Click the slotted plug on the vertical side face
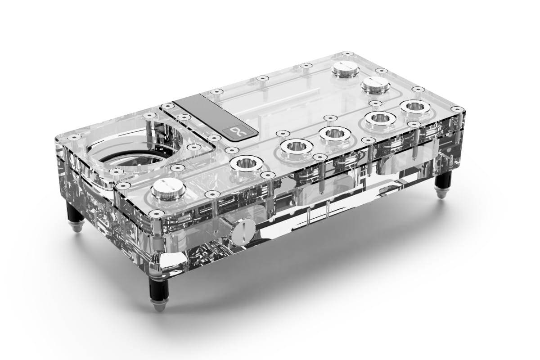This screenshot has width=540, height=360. tap(242, 231)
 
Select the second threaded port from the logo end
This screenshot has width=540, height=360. tap(297, 146)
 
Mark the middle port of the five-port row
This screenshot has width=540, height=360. tap(335, 133)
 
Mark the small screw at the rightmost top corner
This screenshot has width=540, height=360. tap(457, 109)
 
